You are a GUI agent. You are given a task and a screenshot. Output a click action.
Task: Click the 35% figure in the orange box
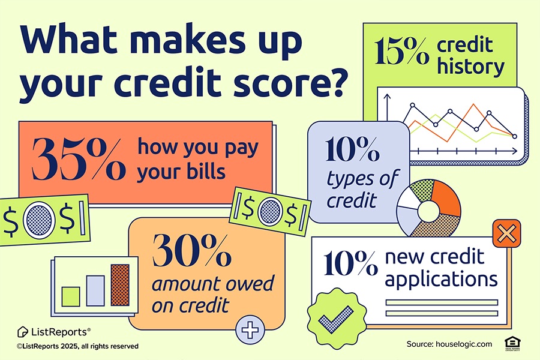78,159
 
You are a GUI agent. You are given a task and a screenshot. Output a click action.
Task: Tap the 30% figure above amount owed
191,251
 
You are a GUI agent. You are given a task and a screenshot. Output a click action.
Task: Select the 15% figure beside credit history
401,52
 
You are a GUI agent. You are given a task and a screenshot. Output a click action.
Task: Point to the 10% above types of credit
352,149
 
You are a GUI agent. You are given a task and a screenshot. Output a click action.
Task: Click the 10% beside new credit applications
350,263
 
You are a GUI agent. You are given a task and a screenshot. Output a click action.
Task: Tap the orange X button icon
506,233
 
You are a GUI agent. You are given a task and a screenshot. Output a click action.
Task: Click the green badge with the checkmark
337,319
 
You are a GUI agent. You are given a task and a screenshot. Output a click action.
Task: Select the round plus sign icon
250,329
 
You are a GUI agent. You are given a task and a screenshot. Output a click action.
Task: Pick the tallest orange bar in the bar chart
120,285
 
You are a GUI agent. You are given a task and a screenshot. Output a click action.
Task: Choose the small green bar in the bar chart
71,296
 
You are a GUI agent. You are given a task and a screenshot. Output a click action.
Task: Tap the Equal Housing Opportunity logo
512,344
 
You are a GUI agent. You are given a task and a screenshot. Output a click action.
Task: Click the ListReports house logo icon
22,332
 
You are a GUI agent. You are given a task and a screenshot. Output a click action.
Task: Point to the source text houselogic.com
464,344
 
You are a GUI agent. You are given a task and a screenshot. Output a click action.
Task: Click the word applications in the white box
441,280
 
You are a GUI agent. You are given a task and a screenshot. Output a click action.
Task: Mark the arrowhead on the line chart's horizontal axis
515,151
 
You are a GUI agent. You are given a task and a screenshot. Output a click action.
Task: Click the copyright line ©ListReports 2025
77,346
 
